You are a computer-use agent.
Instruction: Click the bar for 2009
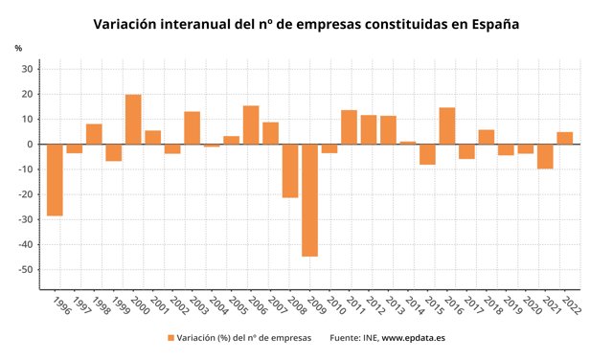point(309,200)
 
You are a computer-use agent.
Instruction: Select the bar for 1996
point(55,180)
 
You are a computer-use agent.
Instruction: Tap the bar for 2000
point(133,120)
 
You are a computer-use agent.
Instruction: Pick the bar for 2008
point(290,170)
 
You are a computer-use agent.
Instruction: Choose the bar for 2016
point(446,125)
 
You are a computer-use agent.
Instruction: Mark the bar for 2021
point(545,156)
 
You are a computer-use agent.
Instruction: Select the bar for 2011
point(349,127)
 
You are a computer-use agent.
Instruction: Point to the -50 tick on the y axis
point(26,270)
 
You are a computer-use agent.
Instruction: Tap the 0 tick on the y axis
point(32,145)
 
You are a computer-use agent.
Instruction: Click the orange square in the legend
point(170,338)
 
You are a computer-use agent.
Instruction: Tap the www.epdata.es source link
point(413,338)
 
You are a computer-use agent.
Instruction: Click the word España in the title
point(492,24)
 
